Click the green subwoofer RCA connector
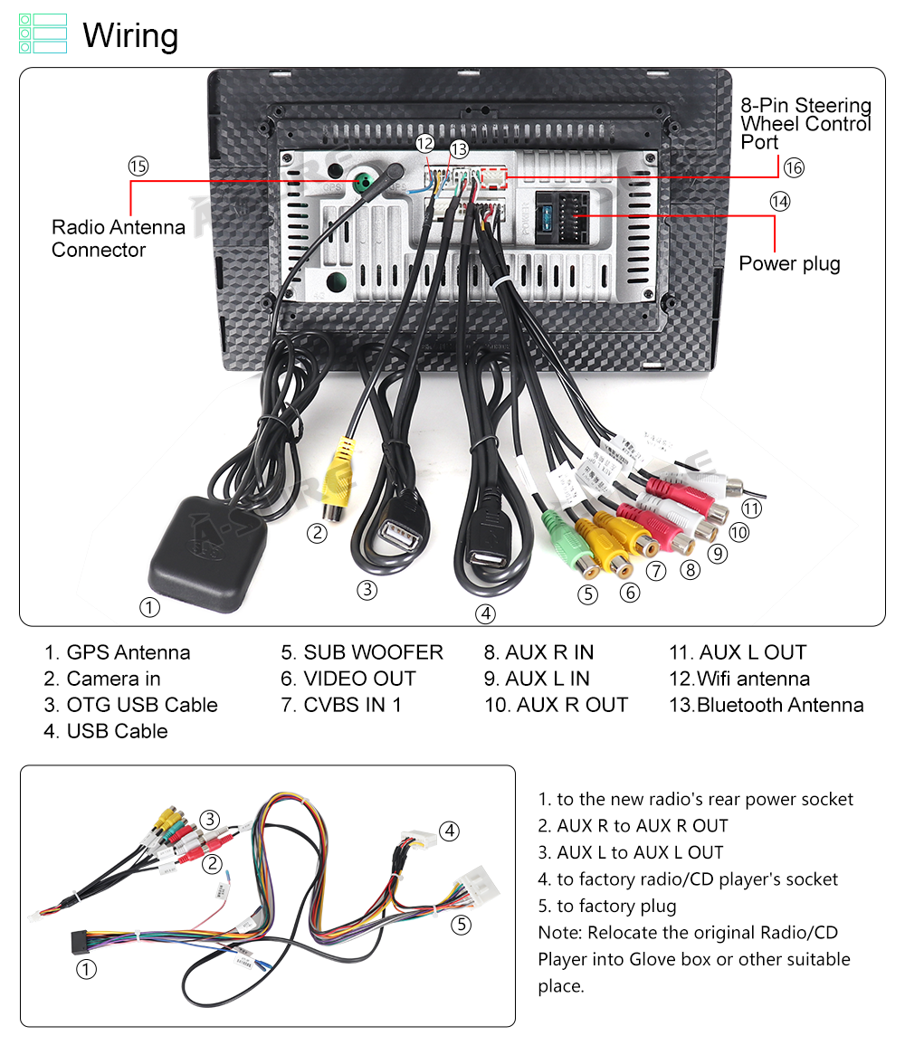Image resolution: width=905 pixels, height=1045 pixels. (x=567, y=542)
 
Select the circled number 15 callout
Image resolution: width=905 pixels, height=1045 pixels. (x=138, y=166)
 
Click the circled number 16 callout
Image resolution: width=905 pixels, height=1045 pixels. (x=794, y=167)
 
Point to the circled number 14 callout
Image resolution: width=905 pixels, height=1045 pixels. (x=780, y=201)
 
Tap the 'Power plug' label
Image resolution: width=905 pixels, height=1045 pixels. (x=789, y=264)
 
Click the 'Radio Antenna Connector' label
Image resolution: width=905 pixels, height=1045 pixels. (x=118, y=238)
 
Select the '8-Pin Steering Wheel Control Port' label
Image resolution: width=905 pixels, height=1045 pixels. (x=805, y=123)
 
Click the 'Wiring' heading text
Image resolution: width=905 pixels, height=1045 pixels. (x=130, y=35)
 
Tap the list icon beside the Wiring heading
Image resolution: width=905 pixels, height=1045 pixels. (x=43, y=33)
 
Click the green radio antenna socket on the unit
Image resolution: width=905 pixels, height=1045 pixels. (x=364, y=182)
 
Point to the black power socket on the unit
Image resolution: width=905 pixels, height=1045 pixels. (x=563, y=217)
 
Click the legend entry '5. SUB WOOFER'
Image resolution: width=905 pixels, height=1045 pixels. (x=362, y=651)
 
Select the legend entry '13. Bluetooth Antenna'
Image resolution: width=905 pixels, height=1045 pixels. (x=767, y=705)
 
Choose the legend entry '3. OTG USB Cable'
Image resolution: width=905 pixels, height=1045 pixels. (x=130, y=705)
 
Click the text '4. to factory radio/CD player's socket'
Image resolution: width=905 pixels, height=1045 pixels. (x=688, y=879)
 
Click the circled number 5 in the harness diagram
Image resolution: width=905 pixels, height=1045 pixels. (x=462, y=925)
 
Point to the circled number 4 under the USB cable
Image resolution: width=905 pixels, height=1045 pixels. (x=485, y=613)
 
